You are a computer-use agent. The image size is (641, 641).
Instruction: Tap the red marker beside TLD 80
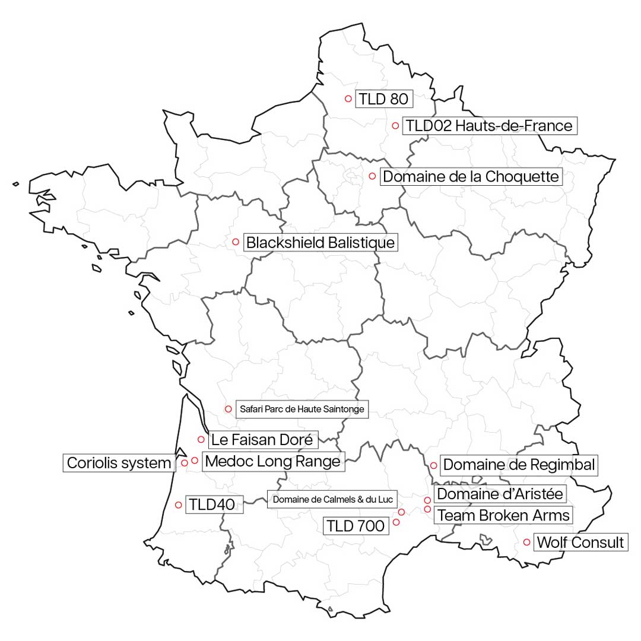(x=348, y=99)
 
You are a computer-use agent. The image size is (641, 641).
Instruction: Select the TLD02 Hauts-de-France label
(x=490, y=126)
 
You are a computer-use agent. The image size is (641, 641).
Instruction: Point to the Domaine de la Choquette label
(x=471, y=177)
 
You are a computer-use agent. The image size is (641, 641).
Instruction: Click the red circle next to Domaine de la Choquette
(x=372, y=176)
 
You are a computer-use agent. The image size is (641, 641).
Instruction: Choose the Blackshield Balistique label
(x=320, y=243)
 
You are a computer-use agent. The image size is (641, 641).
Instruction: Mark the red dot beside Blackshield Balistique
(x=236, y=242)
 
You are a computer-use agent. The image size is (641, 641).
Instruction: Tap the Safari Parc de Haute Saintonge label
(x=302, y=409)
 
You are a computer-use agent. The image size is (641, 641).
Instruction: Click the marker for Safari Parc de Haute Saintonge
(x=228, y=409)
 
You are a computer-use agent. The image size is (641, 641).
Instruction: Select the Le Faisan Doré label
(x=262, y=440)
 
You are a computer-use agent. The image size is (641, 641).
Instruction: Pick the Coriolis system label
(x=119, y=463)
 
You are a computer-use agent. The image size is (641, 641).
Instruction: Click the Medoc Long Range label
(x=273, y=461)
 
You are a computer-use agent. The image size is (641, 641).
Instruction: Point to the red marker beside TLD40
(x=179, y=505)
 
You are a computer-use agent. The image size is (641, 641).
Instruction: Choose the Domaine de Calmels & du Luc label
(x=332, y=499)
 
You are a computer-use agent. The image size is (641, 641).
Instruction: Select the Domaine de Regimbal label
(x=519, y=465)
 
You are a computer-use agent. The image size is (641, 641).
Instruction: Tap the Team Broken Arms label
(x=503, y=515)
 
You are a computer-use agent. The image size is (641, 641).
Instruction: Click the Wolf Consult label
(x=580, y=542)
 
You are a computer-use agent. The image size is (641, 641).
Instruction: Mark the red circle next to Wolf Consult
(x=527, y=542)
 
